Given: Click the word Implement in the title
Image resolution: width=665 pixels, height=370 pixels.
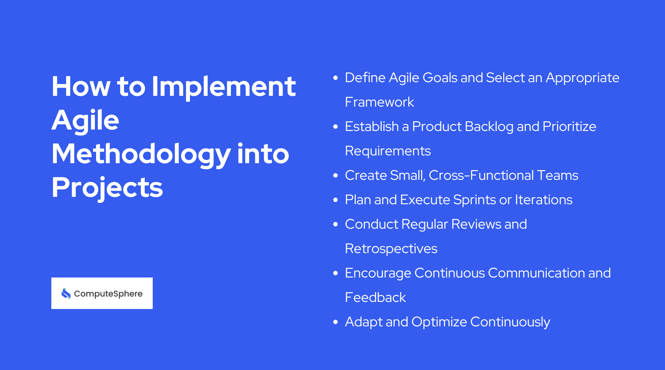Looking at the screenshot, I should (x=224, y=87).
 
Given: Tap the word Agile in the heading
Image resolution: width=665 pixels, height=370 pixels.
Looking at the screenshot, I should (x=85, y=120).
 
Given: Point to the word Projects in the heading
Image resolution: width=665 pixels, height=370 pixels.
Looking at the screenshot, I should (x=107, y=188).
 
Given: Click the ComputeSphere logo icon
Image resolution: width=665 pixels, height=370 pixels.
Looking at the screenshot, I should (x=66, y=293).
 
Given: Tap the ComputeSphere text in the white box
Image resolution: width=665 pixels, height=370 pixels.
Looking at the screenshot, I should (x=108, y=294).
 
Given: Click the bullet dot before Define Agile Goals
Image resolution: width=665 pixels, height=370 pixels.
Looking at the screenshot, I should (x=335, y=78).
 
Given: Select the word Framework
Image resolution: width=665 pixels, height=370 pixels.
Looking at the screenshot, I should (x=379, y=102).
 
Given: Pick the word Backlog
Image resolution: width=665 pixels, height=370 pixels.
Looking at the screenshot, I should (x=489, y=127).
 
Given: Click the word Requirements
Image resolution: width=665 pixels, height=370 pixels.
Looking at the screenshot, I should (x=388, y=151).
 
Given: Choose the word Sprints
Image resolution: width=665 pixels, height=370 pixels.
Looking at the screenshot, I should (x=474, y=200).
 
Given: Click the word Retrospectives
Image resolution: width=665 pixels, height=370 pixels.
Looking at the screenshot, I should (x=391, y=249).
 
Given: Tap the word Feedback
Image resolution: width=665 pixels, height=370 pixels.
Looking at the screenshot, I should (x=375, y=297).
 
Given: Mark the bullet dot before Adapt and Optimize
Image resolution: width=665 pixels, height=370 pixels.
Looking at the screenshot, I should (x=335, y=322).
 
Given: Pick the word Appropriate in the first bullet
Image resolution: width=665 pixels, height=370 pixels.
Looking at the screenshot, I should (x=582, y=78).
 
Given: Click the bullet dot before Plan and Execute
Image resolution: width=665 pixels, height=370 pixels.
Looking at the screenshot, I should (x=335, y=200).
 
